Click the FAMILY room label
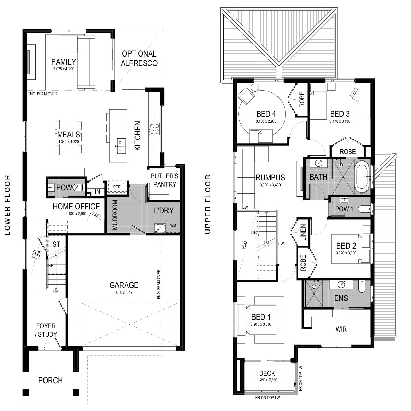[64, 62]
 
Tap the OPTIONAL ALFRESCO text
[139, 59]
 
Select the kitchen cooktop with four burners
[154, 129]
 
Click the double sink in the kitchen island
[121, 146]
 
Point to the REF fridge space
[116, 187]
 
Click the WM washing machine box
[173, 225]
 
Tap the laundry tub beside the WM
[160, 228]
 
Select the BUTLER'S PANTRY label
[165, 180]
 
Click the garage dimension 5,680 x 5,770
[124, 292]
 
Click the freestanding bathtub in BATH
[362, 177]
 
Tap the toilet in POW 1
[365, 209]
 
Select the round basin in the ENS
[341, 284]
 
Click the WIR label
[341, 329]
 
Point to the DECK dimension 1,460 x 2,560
[267, 380]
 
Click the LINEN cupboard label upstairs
[303, 233]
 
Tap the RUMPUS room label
[270, 177]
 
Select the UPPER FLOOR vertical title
[208, 204]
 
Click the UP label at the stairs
[56, 291]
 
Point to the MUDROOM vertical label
[115, 215]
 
